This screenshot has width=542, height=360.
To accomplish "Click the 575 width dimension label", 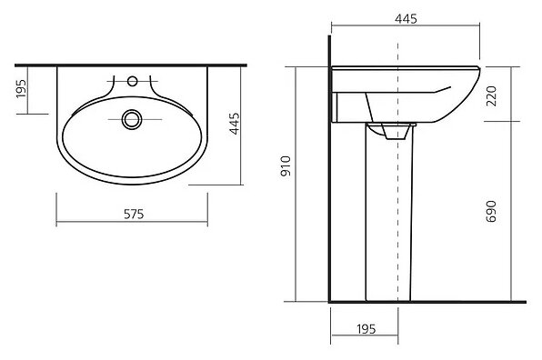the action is click(x=134, y=215).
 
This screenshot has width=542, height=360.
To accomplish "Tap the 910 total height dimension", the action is click(x=286, y=166).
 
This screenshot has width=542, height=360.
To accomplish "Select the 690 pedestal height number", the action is click(x=491, y=211).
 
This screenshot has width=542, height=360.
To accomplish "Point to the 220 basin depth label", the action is click(x=491, y=96).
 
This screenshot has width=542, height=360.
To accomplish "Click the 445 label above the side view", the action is click(x=406, y=19).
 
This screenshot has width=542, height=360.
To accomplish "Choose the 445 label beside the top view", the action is click(x=235, y=124).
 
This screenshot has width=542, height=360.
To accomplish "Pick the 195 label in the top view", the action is click(x=21, y=89).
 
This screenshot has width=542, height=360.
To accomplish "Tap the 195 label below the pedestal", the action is click(x=366, y=328).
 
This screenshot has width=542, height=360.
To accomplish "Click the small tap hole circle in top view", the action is click(x=133, y=81).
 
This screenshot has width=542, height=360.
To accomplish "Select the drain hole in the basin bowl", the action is click(x=132, y=119).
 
